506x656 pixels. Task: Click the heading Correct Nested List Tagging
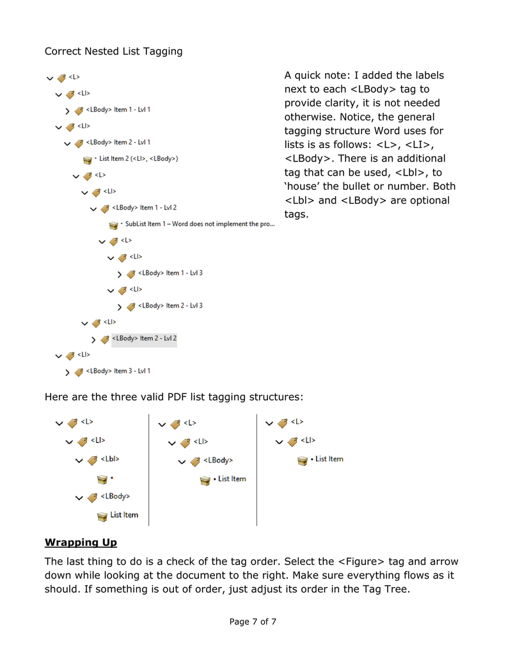[113, 51]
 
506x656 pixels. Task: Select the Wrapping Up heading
[81, 543]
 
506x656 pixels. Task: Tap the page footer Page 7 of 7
[253, 621]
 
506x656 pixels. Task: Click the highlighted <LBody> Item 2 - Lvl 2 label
[144, 338]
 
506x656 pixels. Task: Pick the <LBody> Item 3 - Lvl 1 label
[118, 371]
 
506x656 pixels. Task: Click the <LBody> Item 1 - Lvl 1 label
[118, 110]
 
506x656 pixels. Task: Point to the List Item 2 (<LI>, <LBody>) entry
[138, 158]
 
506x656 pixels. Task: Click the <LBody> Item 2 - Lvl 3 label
[170, 306]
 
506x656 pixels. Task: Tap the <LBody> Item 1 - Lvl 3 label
[170, 273]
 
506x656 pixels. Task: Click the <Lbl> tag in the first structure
[109, 459]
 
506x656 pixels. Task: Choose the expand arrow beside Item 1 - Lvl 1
[68, 110]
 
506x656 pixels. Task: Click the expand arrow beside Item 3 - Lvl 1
[68, 372]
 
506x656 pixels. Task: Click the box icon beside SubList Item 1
[113, 225]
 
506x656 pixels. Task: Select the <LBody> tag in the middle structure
[217, 460]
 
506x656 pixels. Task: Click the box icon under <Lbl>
[102, 478]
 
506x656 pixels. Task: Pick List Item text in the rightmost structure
[329, 459]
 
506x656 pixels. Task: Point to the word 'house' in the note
[305, 186]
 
